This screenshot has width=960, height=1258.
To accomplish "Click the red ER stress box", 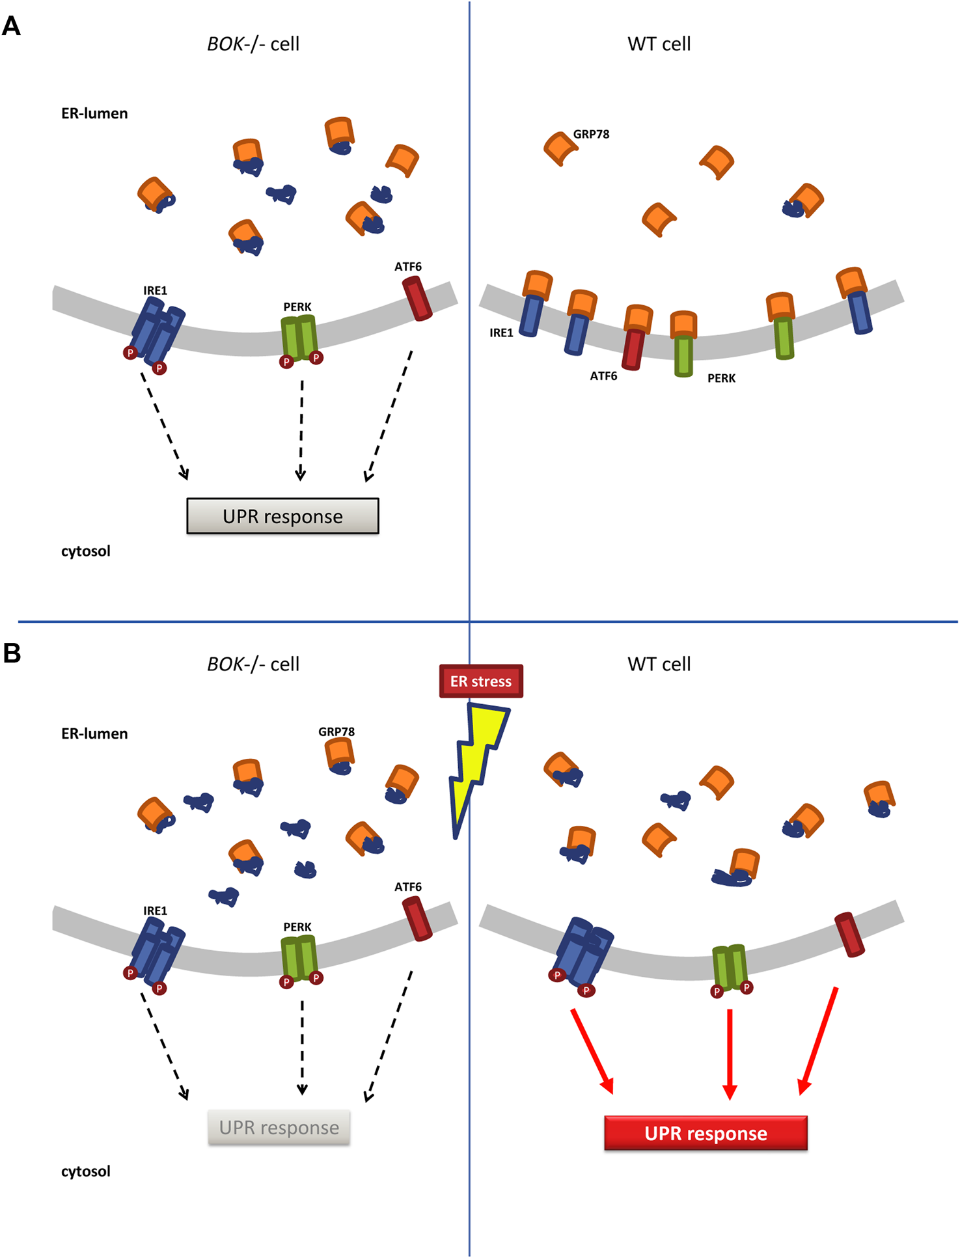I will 481,681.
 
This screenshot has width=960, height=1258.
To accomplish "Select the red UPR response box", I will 706,1133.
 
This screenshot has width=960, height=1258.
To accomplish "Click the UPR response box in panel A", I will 282,516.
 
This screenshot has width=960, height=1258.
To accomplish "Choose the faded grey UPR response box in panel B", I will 279,1127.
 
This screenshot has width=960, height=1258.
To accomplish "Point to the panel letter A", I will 11,27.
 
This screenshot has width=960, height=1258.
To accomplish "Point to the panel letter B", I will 12,653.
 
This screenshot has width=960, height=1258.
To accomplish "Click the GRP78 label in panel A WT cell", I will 591,134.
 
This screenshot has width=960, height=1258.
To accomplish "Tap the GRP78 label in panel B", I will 336,732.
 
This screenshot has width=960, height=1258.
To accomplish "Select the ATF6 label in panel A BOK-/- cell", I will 408,266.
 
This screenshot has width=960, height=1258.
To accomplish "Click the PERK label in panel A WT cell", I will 721,378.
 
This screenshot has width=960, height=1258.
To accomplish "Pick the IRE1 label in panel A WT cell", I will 501,333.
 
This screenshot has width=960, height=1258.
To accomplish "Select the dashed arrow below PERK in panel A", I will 301,430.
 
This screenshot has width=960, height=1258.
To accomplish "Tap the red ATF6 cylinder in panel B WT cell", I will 849,935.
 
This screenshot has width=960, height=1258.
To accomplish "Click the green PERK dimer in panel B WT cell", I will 730,967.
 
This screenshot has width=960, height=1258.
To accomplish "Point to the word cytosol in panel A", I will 86,551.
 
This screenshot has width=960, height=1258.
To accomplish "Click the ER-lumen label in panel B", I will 94,733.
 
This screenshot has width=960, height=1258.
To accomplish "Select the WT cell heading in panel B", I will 659,664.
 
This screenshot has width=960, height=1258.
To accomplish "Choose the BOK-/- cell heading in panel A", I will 253,44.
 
